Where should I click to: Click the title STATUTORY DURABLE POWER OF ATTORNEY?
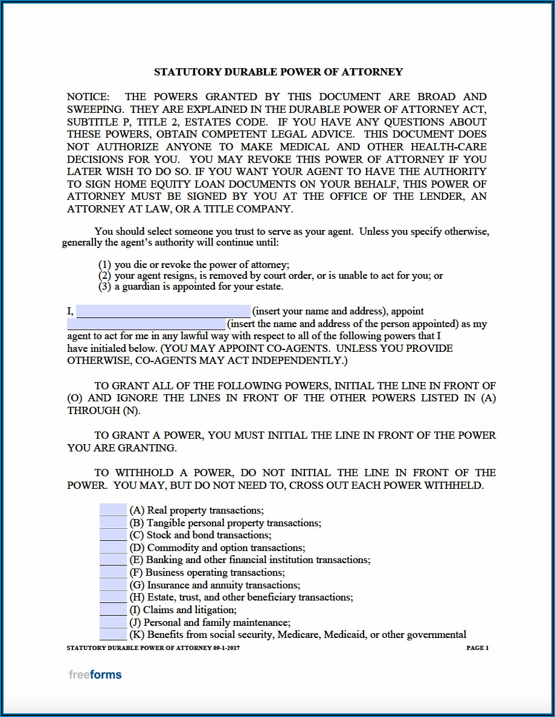coord(278,72)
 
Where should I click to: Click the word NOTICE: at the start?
coord(88,97)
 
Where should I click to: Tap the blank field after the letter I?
coord(163,311)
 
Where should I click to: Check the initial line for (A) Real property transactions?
coord(113,510)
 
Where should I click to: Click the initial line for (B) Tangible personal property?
coord(113,523)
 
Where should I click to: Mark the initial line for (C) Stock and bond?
coord(113,535)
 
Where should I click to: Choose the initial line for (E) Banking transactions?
coord(113,559)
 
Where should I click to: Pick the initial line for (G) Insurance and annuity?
coord(113,585)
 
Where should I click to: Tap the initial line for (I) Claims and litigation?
coord(113,610)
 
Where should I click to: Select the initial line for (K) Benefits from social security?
coord(113,634)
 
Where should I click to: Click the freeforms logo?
coord(95,675)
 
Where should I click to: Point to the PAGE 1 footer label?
coord(477,648)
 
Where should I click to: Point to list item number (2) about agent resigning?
coord(270,276)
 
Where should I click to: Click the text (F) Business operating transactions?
coord(207,572)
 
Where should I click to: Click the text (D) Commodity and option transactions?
coord(217,547)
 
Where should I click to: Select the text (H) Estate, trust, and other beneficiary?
coord(241,597)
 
